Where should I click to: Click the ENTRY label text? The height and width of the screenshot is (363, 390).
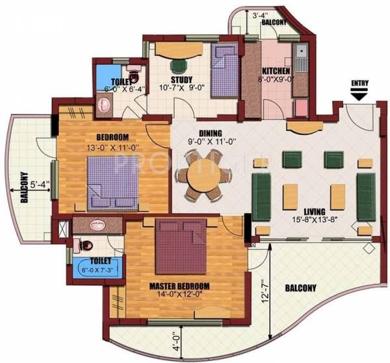[359, 84]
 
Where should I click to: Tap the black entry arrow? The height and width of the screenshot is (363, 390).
[359, 95]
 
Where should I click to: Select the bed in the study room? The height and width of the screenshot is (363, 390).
[226, 70]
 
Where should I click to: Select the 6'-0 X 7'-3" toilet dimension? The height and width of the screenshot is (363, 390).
[94, 270]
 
